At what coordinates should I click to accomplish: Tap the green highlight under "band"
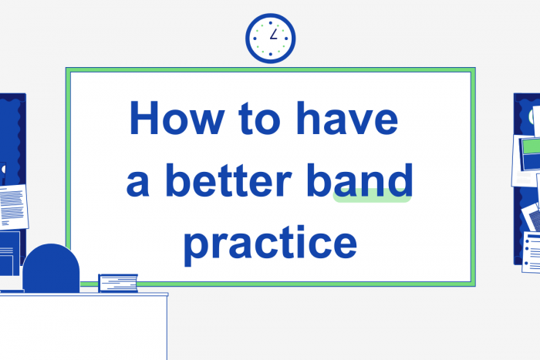tap(372, 197)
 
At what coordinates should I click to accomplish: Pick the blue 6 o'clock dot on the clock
tap(270, 55)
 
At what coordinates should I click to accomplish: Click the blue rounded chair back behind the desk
tap(51, 268)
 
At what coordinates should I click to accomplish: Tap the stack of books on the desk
tap(118, 283)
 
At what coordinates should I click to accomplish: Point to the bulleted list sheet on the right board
tap(532, 251)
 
